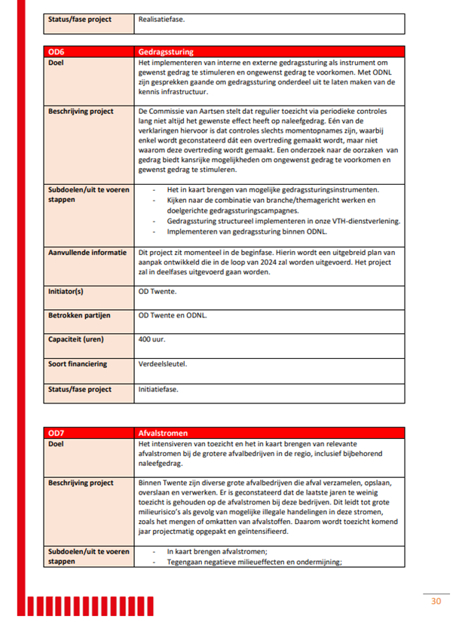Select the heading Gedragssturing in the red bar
pyautogui.click(x=166, y=52)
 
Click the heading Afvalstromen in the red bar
pyautogui.click(x=161, y=434)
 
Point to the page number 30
pyautogui.click(x=436, y=601)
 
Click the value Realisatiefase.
pyautogui.click(x=161, y=19)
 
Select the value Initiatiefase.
pyautogui.click(x=159, y=390)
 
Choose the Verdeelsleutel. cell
pyautogui.click(x=163, y=364)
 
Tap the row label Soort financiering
pyautogui.click(x=78, y=364)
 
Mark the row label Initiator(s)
pyautogui.click(x=66, y=290)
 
